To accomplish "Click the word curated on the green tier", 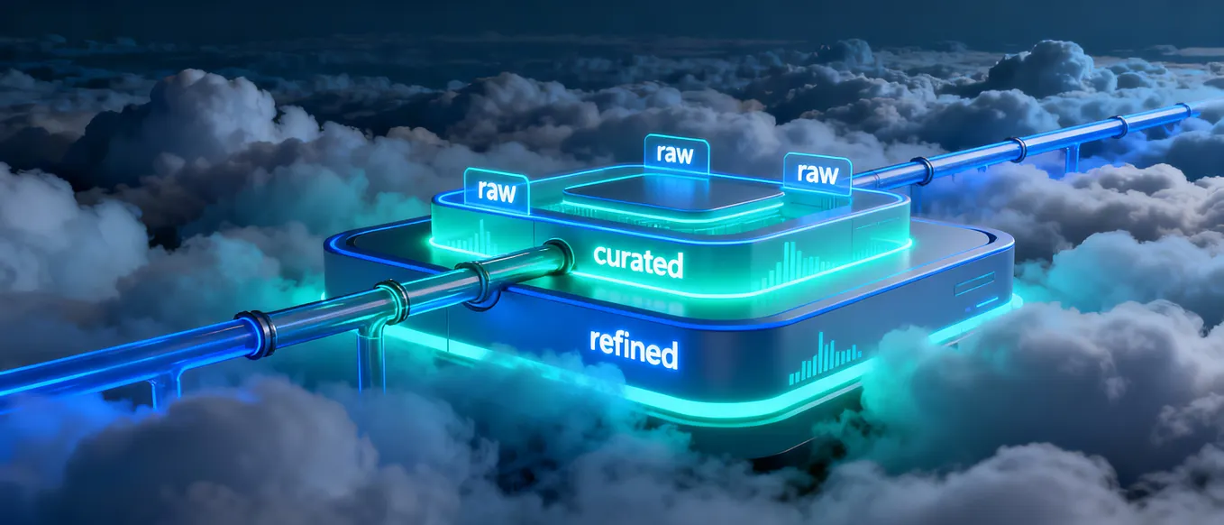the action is point(638,262).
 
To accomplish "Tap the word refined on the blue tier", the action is point(634,348).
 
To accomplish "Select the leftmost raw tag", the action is point(497,192).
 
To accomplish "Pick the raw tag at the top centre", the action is point(676,153).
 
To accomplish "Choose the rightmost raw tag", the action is point(818,173).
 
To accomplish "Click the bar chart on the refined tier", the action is point(825,358).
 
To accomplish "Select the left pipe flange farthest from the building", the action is point(253,334).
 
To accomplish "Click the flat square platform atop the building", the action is point(674,195).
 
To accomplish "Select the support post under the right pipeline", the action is point(1071,157).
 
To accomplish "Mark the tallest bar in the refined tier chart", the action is point(821,353).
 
